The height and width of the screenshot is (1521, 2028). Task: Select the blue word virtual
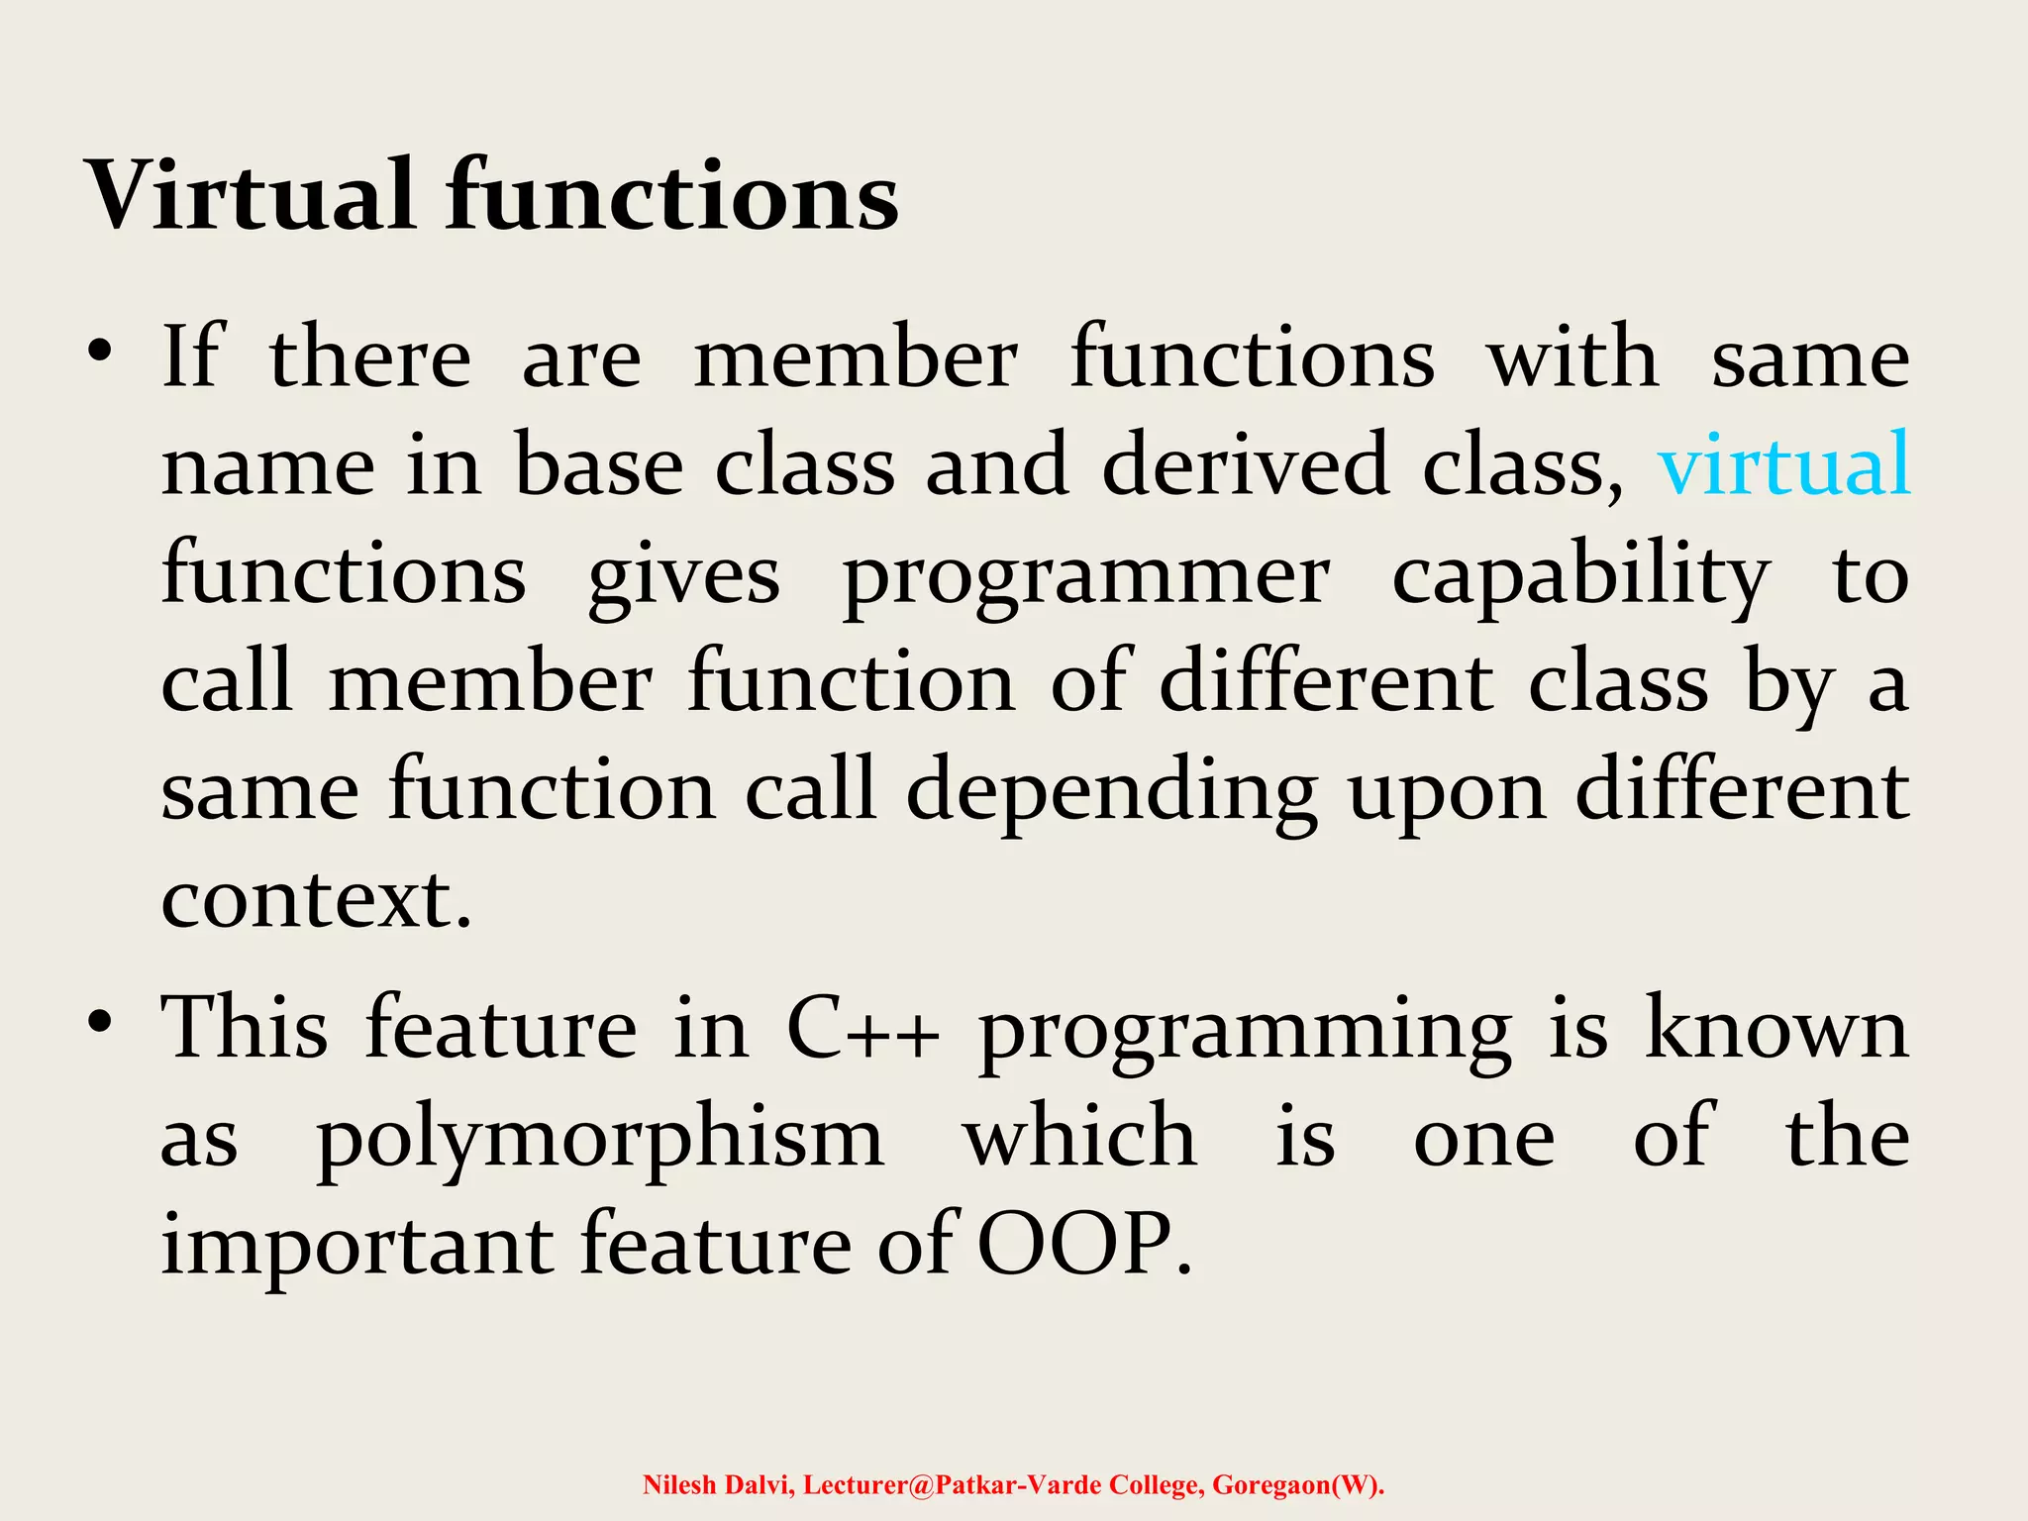pos(1783,464)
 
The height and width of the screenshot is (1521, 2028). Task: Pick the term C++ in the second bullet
pos(862,1030)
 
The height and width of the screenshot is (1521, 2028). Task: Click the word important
pos(356,1247)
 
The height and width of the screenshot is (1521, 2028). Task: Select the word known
pos(1776,1030)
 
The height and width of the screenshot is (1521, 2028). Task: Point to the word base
pos(598,466)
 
